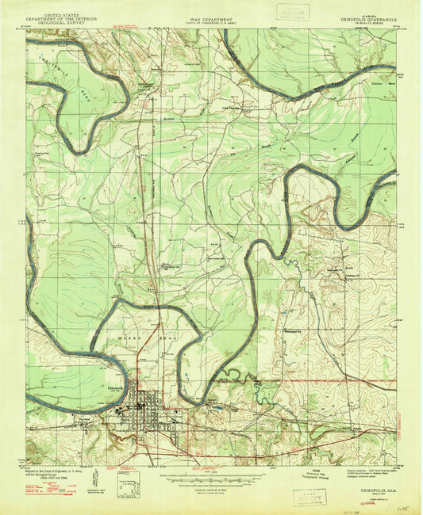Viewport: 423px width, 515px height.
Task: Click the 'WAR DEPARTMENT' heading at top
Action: pos(210,15)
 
